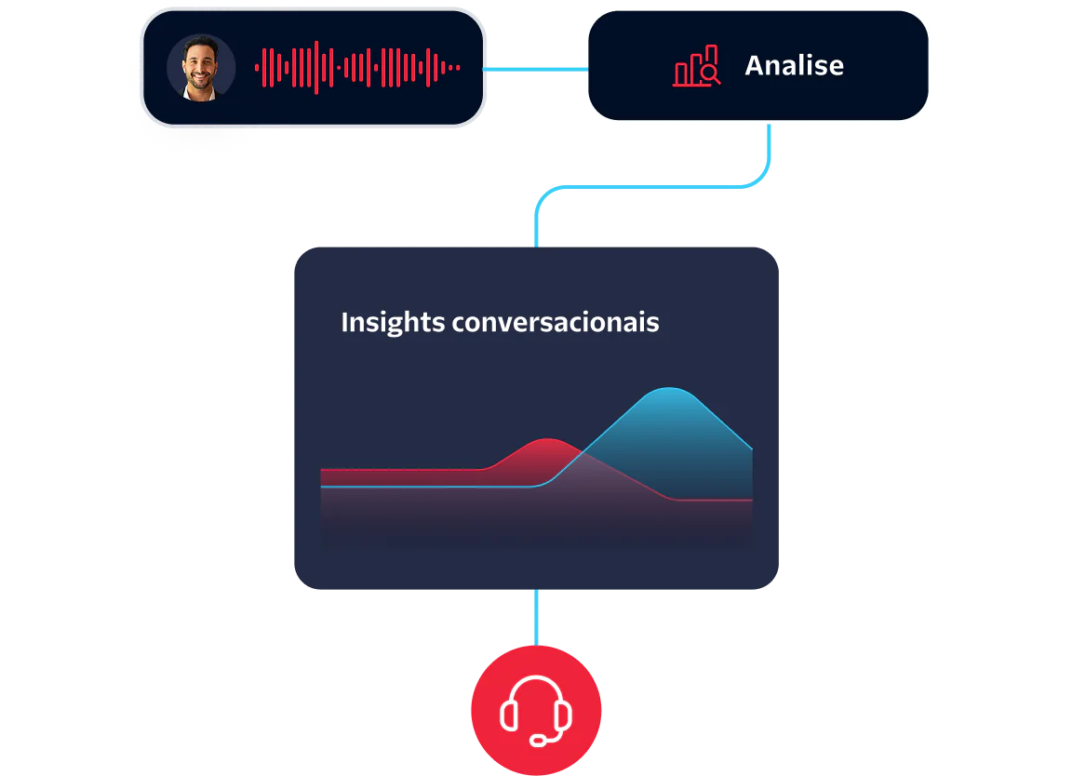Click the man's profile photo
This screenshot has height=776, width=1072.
201,68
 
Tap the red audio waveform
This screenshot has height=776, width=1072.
357,67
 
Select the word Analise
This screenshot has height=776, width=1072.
794,65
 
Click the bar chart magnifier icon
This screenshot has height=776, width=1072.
697,66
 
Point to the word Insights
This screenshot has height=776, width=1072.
392,322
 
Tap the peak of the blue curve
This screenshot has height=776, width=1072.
669,388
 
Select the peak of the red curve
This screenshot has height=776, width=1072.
549,439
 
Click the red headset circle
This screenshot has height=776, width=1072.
536,711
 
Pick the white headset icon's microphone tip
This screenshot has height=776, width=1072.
539,742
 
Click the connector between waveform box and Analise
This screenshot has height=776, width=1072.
535,70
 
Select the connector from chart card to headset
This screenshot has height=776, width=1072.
536,617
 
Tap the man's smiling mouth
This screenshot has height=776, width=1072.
200,77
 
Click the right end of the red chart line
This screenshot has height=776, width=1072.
750,501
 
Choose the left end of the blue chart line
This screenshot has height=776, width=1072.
322,486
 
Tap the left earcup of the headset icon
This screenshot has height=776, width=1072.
508,716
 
